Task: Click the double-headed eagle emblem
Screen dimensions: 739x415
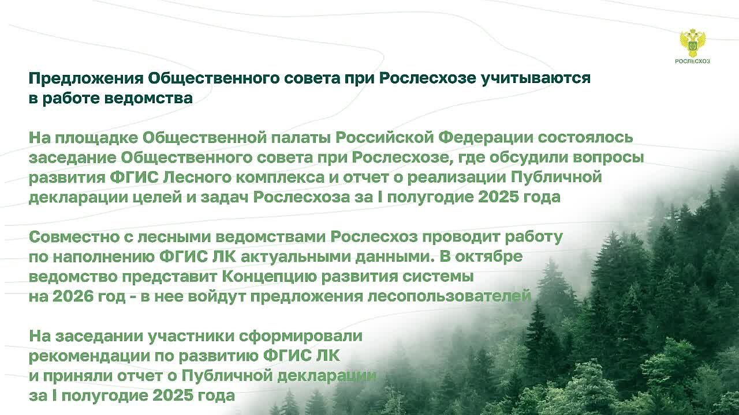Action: tap(692, 43)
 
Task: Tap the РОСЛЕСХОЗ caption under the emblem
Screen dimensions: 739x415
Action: tap(692, 61)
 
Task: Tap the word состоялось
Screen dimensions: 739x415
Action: tap(585, 138)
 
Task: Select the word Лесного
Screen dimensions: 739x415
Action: tap(197, 178)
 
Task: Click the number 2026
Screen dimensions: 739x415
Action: tap(73, 297)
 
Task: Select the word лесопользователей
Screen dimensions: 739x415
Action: tap(449, 296)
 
